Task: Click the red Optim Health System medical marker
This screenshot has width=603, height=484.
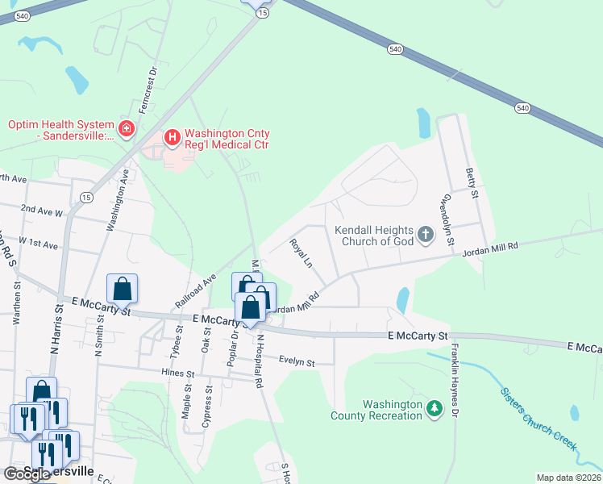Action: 126,129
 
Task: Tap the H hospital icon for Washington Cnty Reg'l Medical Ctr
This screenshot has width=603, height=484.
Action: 172,138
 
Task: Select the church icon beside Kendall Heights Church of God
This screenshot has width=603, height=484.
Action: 426,236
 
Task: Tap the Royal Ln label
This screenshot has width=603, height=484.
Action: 301,252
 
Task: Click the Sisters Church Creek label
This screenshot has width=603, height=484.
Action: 538,419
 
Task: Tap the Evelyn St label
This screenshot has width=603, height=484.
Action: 296,362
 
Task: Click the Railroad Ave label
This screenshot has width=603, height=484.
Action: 196,290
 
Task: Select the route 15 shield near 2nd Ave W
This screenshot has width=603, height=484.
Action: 85,198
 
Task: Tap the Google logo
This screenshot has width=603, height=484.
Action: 27,474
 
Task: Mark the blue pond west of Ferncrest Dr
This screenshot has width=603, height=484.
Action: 77,79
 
